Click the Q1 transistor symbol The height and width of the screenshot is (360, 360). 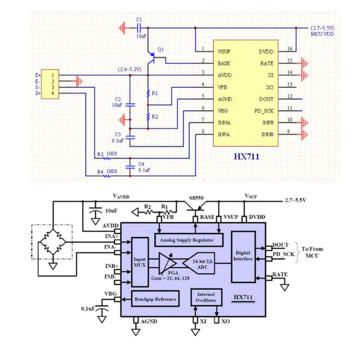[x=152, y=58]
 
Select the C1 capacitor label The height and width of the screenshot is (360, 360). [x=139, y=20]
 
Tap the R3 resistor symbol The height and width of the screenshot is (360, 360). [x=107, y=158]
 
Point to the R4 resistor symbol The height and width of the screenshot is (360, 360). [x=107, y=176]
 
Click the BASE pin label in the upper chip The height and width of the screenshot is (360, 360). [x=224, y=63]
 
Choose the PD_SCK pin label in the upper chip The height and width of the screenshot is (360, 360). [x=264, y=111]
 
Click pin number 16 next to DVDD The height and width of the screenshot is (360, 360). [x=290, y=49]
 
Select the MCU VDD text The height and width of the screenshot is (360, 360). [x=322, y=34]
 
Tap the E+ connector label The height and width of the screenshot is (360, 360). [x=38, y=75]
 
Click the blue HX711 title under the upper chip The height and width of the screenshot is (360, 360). [x=246, y=157]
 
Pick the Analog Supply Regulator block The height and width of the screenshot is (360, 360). [x=189, y=240]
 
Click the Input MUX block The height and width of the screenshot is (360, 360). [x=140, y=262]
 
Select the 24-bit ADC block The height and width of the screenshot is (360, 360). [x=199, y=263]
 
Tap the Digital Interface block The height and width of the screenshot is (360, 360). [x=243, y=256]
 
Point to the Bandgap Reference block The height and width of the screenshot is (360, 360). [x=155, y=299]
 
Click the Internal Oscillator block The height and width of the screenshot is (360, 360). [x=206, y=297]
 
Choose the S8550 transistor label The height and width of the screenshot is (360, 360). [x=196, y=198]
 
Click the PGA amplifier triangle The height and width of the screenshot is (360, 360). [x=167, y=263]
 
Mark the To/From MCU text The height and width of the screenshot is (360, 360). [x=312, y=252]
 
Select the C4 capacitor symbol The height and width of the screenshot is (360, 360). [x=130, y=167]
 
